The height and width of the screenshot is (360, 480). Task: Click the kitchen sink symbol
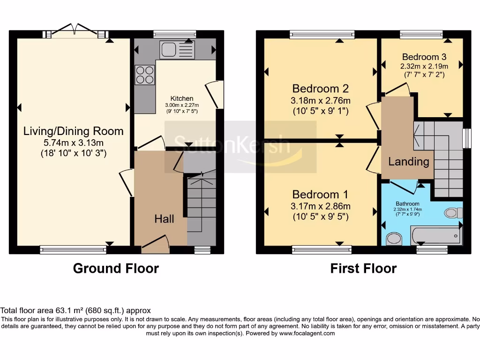177,50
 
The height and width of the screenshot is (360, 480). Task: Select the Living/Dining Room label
74,131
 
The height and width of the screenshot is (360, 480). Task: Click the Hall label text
165,218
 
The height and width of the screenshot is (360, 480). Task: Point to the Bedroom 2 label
321,89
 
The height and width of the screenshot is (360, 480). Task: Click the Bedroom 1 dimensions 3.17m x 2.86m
321,206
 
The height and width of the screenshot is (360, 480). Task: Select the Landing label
408,162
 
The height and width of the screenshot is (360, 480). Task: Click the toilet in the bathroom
453,213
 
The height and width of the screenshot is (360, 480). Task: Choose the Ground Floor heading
116,269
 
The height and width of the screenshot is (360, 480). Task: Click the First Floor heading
363,269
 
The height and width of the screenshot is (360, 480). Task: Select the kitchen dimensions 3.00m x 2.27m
181,105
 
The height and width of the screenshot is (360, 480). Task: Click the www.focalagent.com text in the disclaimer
307,333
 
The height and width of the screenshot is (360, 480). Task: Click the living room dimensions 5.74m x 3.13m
74,142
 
